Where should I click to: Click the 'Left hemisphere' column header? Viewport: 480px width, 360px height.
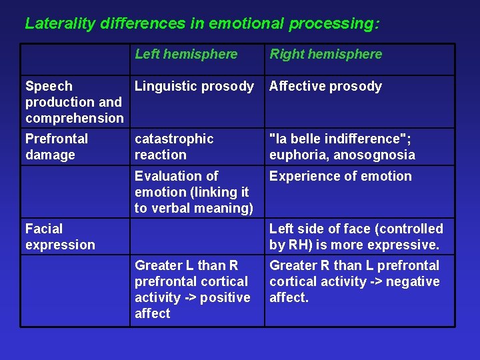[186, 54]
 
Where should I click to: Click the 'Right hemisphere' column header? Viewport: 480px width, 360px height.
[325, 54]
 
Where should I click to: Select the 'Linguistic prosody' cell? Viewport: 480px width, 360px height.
[194, 86]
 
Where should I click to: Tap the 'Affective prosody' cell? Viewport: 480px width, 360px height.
[325, 86]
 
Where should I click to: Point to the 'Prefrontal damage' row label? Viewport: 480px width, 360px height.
[57, 147]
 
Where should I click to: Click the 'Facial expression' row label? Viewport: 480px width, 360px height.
[60, 237]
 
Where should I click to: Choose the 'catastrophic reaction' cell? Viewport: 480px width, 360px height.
[174, 147]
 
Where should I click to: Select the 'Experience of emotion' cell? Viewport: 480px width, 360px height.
[340, 176]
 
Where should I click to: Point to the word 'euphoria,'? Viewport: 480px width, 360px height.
[297, 155]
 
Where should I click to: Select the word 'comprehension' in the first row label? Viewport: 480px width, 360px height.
[75, 118]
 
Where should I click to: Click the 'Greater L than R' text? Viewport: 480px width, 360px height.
[186, 265]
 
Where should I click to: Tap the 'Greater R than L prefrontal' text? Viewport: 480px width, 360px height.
[354, 265]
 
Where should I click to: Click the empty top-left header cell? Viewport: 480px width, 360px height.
[75, 59]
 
